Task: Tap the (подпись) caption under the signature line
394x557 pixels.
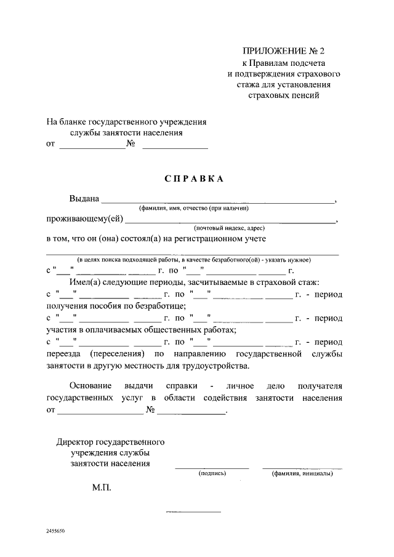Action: [x=212, y=474]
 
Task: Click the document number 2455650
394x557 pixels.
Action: [x=55, y=530]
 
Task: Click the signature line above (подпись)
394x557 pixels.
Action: [x=212, y=468]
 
